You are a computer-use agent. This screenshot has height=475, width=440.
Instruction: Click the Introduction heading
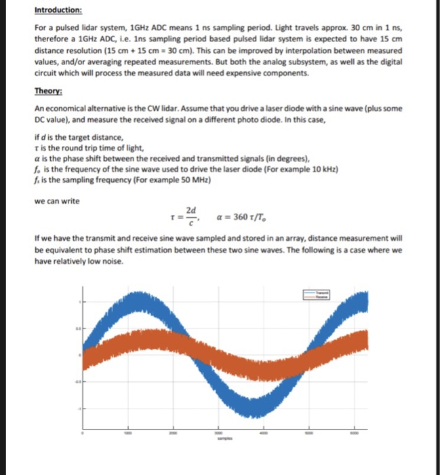[58, 11]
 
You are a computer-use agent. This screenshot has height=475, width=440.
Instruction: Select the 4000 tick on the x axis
[264, 433]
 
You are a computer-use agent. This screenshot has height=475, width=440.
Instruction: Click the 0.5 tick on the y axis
[77, 328]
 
